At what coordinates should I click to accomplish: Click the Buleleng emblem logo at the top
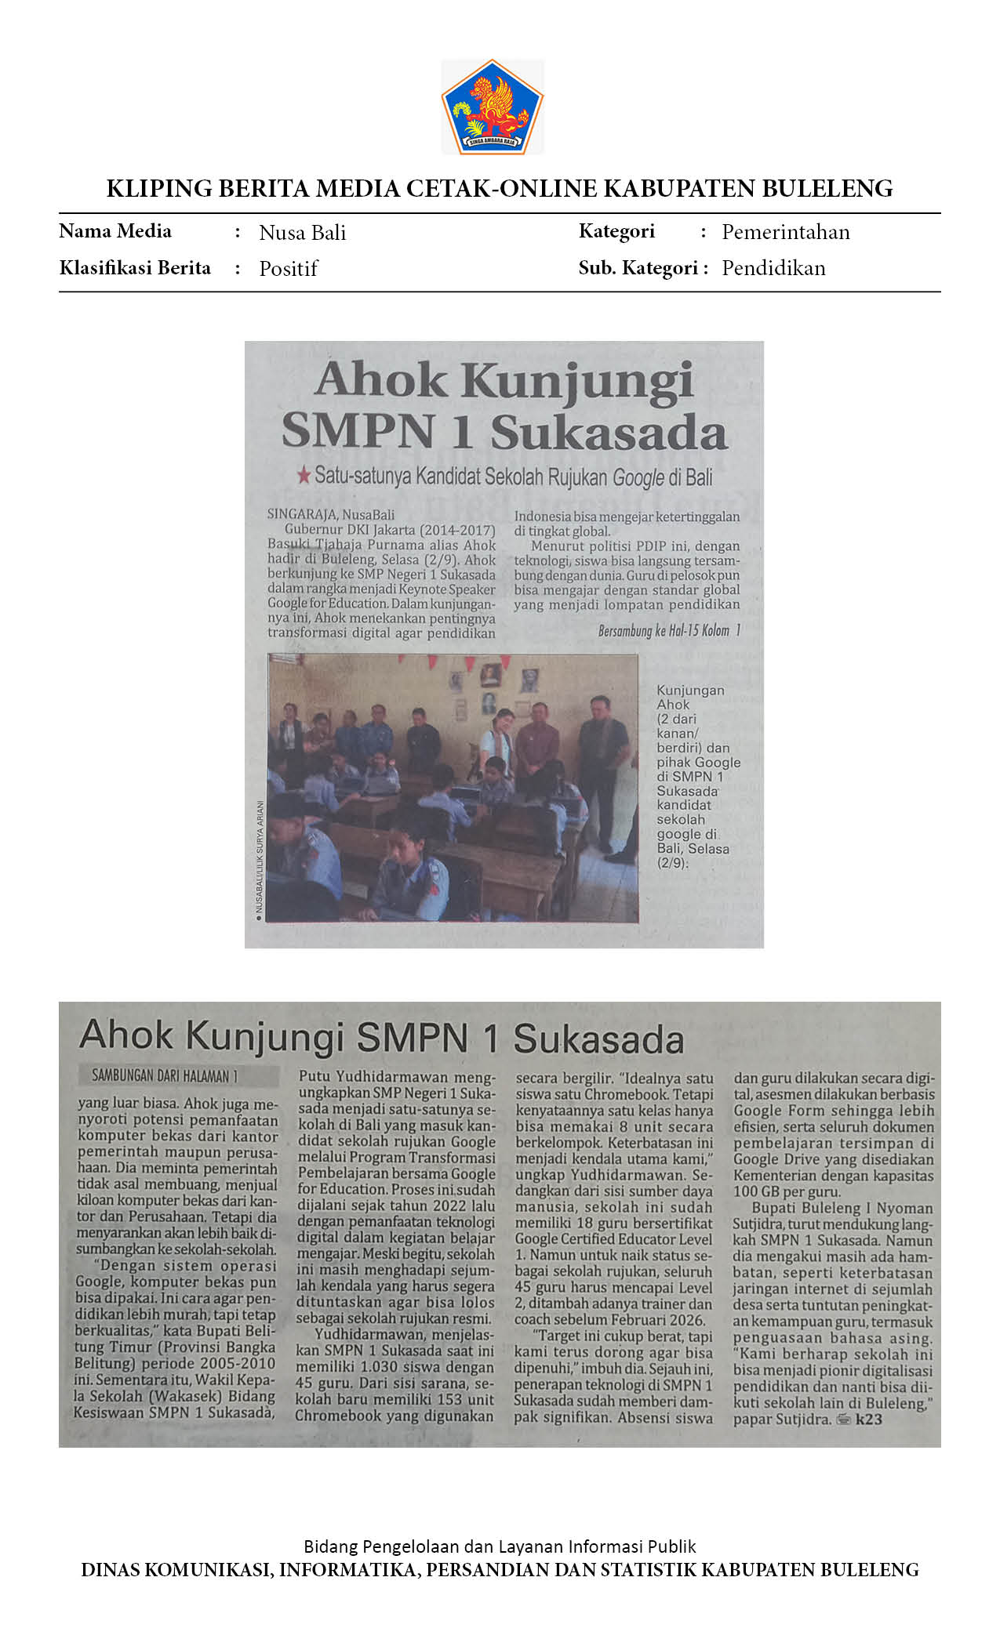click(493, 107)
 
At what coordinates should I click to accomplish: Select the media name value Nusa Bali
click(302, 233)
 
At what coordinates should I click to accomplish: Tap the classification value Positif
click(288, 269)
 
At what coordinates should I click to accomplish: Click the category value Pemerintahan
click(785, 232)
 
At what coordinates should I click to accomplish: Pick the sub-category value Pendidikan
click(773, 268)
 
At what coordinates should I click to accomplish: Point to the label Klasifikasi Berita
click(135, 268)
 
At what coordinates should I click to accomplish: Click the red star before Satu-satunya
click(304, 474)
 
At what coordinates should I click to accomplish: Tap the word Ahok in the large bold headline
click(380, 380)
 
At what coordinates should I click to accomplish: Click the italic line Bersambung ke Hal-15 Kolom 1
click(669, 631)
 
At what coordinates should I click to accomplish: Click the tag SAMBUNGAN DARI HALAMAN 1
click(165, 1076)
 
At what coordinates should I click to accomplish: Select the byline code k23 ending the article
click(868, 1419)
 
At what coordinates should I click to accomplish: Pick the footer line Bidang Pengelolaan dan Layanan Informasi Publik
click(500, 1546)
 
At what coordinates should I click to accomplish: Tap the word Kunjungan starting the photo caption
click(690, 691)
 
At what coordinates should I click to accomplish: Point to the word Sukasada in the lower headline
click(598, 1039)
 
